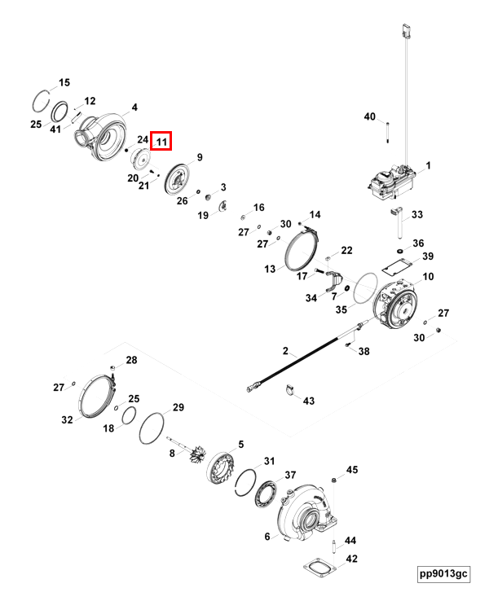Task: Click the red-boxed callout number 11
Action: (161, 142)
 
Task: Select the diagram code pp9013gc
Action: (443, 574)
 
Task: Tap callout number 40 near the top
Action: (370, 117)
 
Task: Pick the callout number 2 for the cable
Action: (285, 352)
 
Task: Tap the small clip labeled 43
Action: (289, 394)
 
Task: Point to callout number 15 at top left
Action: (64, 82)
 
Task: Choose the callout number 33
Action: (416, 215)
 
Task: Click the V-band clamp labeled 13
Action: (301, 248)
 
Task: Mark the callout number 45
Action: (352, 470)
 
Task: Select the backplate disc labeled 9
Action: (176, 179)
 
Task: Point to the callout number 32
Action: (67, 419)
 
